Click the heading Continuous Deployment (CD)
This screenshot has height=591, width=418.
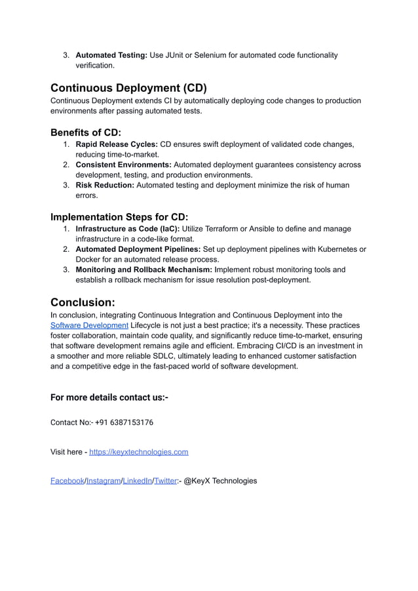128,88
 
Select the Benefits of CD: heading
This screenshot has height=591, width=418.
86,132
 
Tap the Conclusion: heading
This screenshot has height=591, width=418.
83,302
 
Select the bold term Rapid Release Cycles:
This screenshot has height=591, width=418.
117,144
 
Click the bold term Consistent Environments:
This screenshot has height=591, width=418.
124,165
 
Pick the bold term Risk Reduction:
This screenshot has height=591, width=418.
105,185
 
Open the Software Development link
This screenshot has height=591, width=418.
89,325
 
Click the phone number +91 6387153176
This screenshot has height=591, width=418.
124,422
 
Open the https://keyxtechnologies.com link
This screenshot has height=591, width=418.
138,452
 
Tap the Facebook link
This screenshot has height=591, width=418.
67,481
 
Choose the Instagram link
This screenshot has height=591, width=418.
104,481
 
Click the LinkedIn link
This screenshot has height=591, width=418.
137,481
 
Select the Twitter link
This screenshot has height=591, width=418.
165,481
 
